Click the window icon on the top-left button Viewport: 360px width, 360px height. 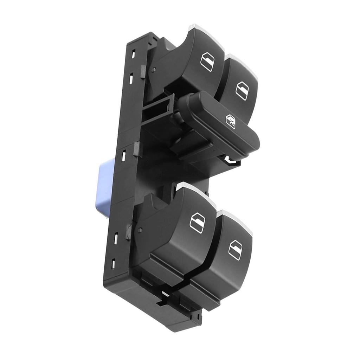pyautogui.click(x=207, y=62)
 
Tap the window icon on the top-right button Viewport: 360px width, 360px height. pyautogui.click(x=242, y=91)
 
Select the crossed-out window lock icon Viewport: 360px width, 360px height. pyautogui.click(x=230, y=122)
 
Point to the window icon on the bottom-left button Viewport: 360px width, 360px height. pyautogui.click(x=197, y=223)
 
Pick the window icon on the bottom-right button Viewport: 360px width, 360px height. pyautogui.click(x=235, y=250)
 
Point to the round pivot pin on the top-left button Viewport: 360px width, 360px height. pyautogui.click(x=154, y=69)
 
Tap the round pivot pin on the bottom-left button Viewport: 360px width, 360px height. pyautogui.click(x=140, y=230)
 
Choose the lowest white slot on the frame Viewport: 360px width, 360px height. pyautogui.click(x=114, y=262)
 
